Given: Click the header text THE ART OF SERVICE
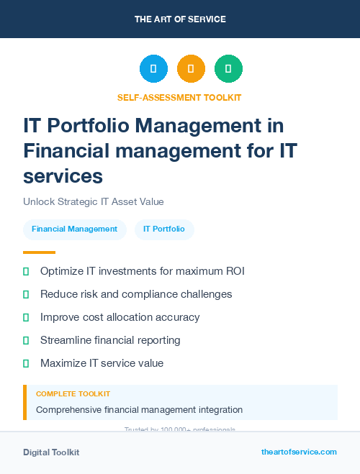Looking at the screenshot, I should (180, 19).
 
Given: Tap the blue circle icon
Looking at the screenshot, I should (153, 69).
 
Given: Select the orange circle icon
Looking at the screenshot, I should (191, 69).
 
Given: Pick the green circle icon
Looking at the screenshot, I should (228, 69).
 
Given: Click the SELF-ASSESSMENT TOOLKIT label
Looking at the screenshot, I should (179, 97).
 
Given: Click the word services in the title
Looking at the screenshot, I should (63, 176).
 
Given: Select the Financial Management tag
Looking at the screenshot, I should (74, 229).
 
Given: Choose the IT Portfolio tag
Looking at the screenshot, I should (164, 229).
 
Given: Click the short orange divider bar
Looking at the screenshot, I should (39, 252).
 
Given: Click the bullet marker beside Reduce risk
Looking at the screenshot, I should (26, 294).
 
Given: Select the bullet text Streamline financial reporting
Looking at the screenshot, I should (110, 340).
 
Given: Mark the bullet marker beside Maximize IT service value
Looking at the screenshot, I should (26, 363).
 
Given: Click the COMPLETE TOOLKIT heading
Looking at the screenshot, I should (73, 394).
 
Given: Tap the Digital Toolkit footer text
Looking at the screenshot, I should (51, 452).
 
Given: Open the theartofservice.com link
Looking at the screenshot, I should (299, 452).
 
